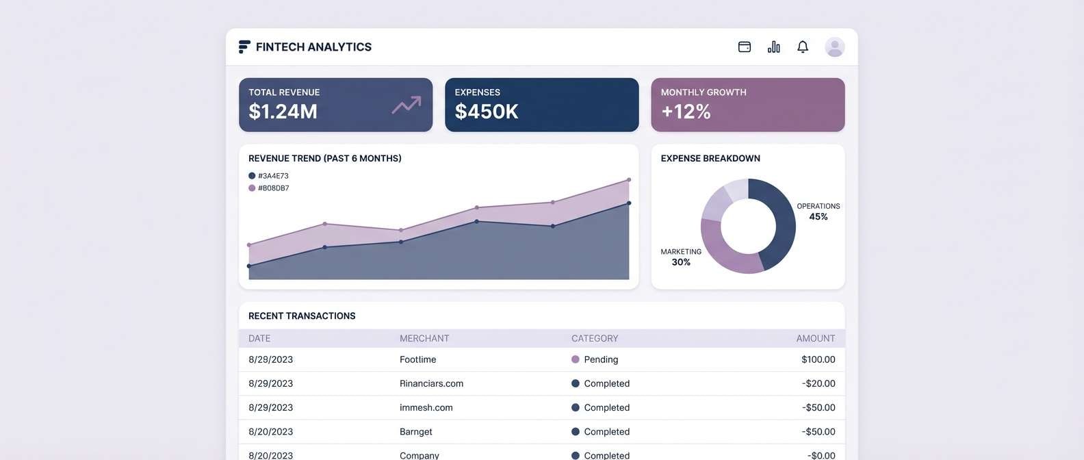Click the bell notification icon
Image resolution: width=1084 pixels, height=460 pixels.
(x=803, y=47)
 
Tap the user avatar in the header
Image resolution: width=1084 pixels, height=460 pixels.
(x=834, y=47)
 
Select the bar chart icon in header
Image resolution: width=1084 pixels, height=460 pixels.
(x=774, y=47)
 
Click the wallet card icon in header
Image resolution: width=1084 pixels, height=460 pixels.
(x=745, y=47)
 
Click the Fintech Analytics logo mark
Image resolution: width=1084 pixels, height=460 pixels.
(x=244, y=47)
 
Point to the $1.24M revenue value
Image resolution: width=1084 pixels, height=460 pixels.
(x=283, y=111)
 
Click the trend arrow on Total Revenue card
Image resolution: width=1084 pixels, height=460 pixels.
(x=406, y=105)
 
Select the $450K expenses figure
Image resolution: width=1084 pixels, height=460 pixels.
(x=486, y=111)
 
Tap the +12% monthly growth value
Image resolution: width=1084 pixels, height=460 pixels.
(x=686, y=111)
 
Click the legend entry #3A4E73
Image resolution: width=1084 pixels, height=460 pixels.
(x=268, y=176)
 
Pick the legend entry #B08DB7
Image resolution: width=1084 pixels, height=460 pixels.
(x=268, y=188)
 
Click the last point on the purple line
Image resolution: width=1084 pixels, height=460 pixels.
(x=629, y=180)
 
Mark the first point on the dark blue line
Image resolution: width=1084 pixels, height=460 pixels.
(x=249, y=266)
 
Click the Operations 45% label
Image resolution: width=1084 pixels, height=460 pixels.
(x=818, y=212)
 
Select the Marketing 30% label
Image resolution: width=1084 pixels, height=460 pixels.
(x=681, y=257)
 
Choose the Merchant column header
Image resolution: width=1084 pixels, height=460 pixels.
(x=424, y=338)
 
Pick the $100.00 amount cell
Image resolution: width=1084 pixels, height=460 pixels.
(x=818, y=359)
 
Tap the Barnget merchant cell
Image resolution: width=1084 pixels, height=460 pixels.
(x=416, y=432)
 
